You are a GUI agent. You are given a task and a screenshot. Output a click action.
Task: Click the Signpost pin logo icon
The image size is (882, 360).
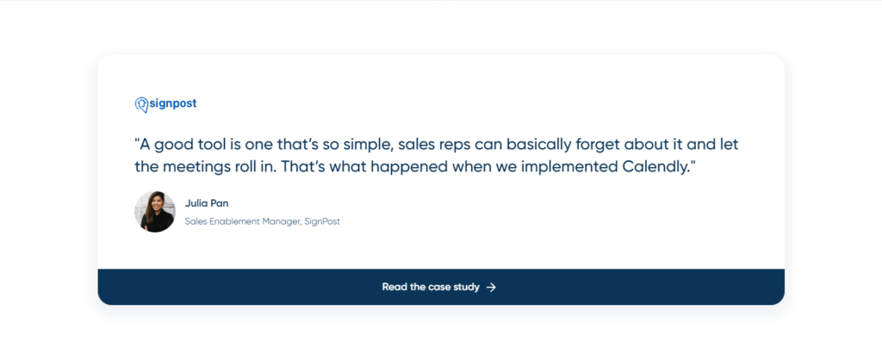pyautogui.click(x=141, y=104)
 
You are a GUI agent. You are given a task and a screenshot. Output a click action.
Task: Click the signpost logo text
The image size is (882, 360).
pyautogui.click(x=173, y=103)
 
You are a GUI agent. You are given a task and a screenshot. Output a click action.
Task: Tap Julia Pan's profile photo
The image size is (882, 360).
pyautogui.click(x=155, y=212)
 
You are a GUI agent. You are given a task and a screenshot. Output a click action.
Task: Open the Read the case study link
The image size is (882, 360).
pyautogui.click(x=431, y=287)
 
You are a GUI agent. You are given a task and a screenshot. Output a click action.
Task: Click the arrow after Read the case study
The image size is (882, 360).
pyautogui.click(x=491, y=287)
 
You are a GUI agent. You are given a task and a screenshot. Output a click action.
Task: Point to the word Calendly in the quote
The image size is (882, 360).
pyautogui.click(x=655, y=167)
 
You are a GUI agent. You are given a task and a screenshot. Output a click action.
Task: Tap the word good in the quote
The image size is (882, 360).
pyautogui.click(x=174, y=144)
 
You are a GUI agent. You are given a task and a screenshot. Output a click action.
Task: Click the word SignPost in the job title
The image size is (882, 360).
pyautogui.click(x=322, y=221)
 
